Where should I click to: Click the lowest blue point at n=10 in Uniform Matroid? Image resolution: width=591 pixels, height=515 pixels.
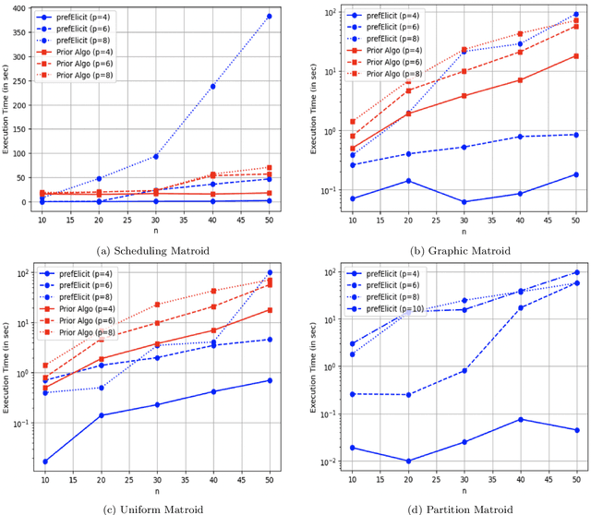tap(45, 461)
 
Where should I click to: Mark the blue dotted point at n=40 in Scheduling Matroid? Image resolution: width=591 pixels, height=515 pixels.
tap(213, 87)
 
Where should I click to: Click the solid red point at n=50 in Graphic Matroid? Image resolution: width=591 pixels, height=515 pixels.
tap(576, 56)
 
